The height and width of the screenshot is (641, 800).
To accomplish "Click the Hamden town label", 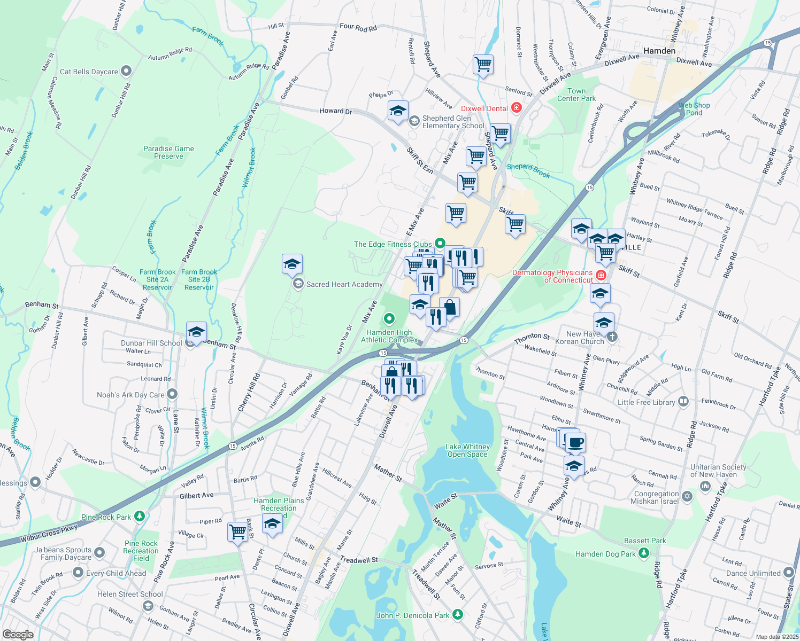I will coord(659,51).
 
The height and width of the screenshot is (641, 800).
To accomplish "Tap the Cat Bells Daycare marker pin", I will coord(126,71).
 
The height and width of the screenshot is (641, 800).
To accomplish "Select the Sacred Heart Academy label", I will coord(344,284).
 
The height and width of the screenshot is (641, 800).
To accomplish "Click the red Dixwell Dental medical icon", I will coord(516,108).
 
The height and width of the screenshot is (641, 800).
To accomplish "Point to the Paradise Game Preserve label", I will coord(168,152).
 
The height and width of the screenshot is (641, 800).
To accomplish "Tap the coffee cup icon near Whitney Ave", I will coord(575,442).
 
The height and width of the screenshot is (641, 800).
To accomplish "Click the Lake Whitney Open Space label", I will coord(467,450).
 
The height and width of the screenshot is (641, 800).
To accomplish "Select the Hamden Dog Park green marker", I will coord(643,554).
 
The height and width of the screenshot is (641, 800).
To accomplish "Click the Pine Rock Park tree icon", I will coord(139,517).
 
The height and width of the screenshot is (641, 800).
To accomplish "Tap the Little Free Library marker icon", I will coord(683,402).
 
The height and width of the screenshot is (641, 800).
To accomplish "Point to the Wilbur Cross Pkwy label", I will coord(49,533).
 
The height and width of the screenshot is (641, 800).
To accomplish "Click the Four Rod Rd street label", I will coord(358,27).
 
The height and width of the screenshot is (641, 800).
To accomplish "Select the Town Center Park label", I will coord(576,95).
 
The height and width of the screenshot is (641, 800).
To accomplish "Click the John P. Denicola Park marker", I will coord(457,615).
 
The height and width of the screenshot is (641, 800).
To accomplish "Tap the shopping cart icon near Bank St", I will coord(237,531).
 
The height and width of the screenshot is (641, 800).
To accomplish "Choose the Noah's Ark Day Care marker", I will coord(172,394).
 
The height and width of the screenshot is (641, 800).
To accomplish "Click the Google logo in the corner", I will coord(18,634).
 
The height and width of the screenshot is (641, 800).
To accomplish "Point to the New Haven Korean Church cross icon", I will coord(613,337).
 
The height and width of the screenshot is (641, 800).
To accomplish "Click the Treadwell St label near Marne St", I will coord(359,560).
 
